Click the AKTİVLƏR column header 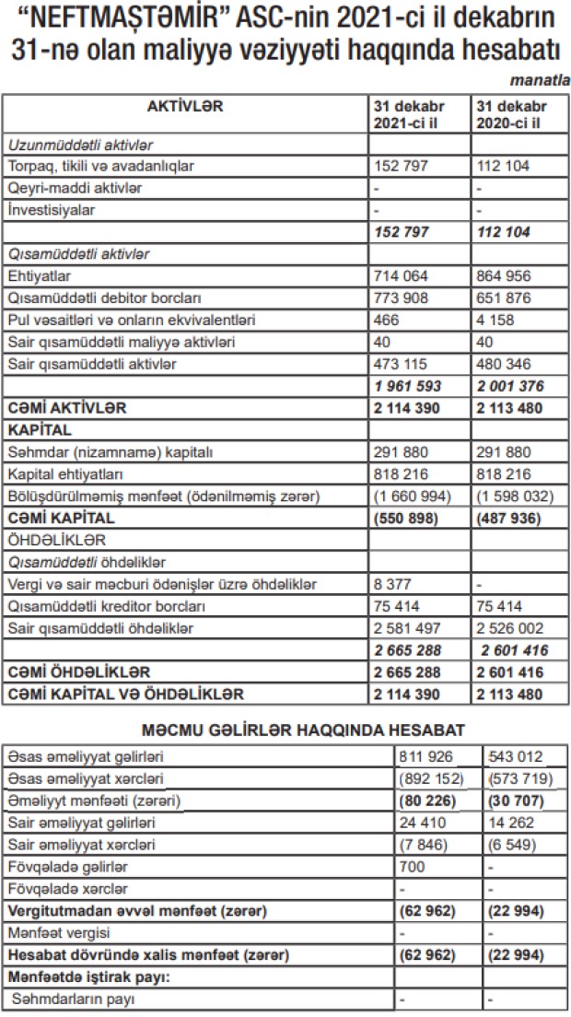tap(185, 106)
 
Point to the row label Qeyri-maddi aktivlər tap(75, 188)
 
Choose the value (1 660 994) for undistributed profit tap(414, 497)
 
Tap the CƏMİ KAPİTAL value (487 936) tap(509, 519)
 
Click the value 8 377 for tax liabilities tap(390, 586)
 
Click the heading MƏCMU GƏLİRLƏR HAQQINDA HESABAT tap(285, 730)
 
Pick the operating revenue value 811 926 tap(420, 757)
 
